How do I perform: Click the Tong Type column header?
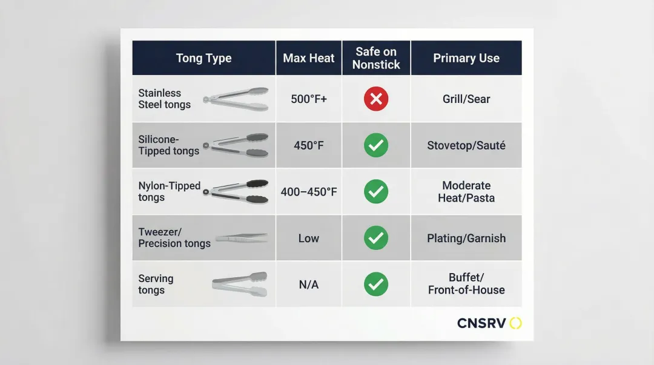pos(203,58)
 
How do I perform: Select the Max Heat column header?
pos(309,58)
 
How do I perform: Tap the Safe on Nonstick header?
pos(376,58)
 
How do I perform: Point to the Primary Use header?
pos(466,58)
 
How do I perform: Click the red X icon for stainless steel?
pos(376,99)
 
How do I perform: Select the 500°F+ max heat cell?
pos(309,99)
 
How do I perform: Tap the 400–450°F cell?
pos(309,192)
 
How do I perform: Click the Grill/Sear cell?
pos(466,99)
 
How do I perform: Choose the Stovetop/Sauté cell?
pos(466,145)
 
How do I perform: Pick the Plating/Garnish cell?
pos(466,238)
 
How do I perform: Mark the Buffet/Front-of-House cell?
pos(466,284)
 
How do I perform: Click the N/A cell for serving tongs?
pos(309,284)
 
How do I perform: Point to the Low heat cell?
pos(309,238)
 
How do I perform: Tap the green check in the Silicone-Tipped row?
pos(376,145)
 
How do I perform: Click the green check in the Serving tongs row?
pos(376,284)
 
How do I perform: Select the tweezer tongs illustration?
pos(242,238)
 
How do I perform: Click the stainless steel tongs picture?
pos(236,99)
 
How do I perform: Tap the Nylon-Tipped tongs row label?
pos(170,191)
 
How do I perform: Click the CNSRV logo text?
pos(481,323)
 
